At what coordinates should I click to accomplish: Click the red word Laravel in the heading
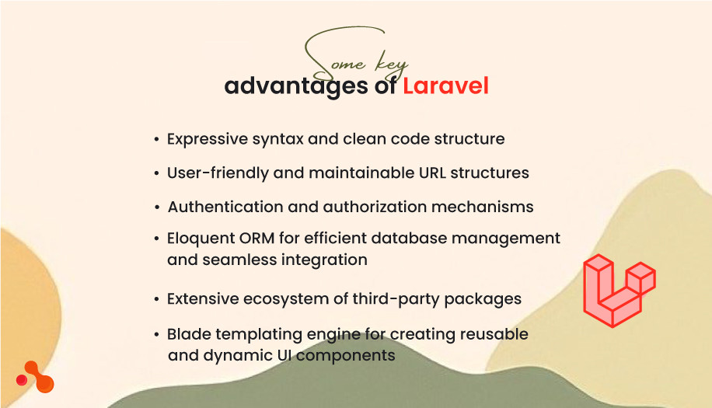click(445, 86)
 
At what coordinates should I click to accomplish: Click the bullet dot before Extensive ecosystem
click(157, 299)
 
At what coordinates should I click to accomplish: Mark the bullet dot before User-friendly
click(157, 173)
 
